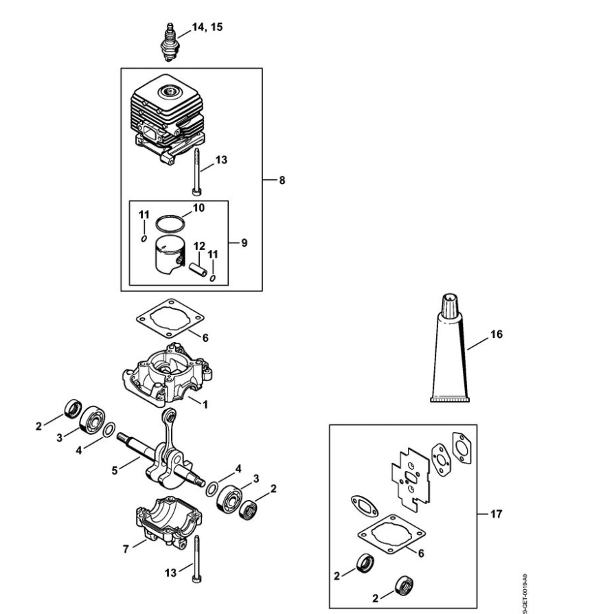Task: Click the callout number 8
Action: (282, 180)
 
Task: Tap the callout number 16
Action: (496, 334)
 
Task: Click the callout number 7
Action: (126, 549)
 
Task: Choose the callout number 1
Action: (204, 405)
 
